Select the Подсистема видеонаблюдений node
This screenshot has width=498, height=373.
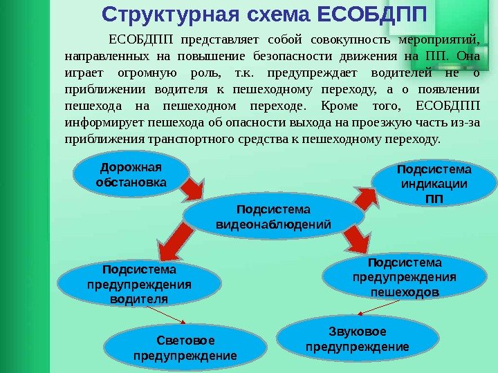(273, 217)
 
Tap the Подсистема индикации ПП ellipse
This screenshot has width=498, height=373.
(434, 184)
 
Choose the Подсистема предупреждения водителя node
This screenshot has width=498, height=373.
(139, 284)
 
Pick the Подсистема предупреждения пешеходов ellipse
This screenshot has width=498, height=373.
(405, 278)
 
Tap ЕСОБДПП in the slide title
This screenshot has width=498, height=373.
(372, 14)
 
